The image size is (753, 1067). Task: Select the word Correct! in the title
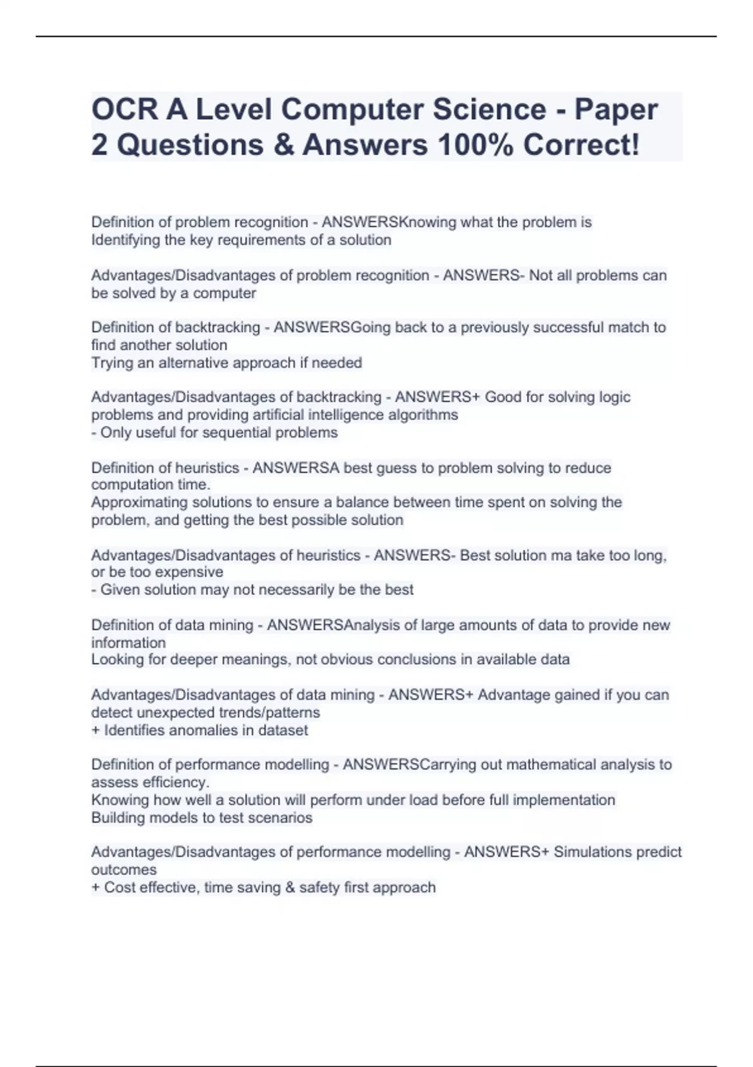(582, 145)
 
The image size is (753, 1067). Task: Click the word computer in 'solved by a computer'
(224, 293)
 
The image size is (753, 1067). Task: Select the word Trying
(110, 363)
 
